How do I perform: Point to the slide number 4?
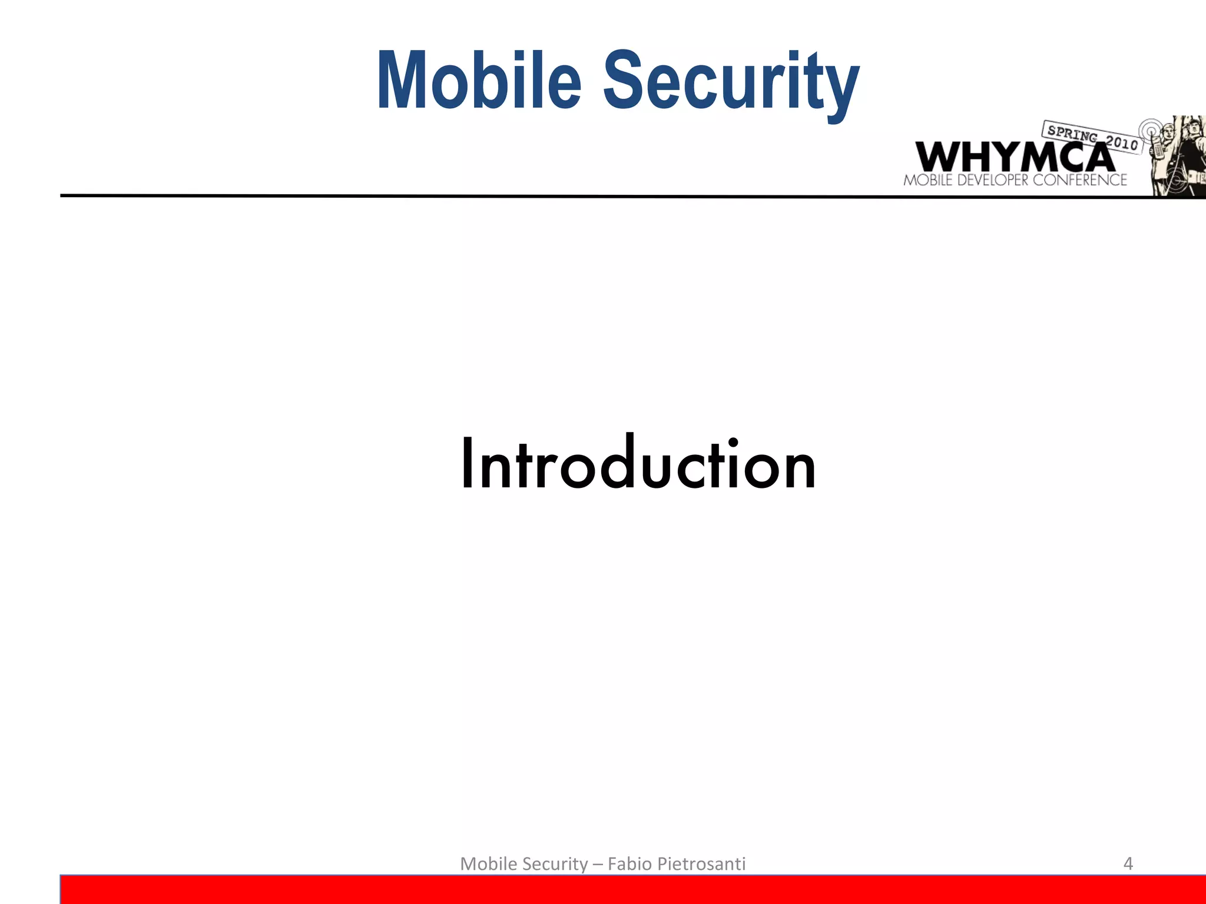[x=1128, y=863]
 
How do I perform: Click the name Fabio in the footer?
[x=629, y=863]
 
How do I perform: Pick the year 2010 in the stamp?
[x=1121, y=142]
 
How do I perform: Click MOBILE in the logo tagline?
[x=927, y=180]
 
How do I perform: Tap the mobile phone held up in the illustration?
[x=1158, y=147]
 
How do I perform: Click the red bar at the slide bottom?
[x=633, y=890]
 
